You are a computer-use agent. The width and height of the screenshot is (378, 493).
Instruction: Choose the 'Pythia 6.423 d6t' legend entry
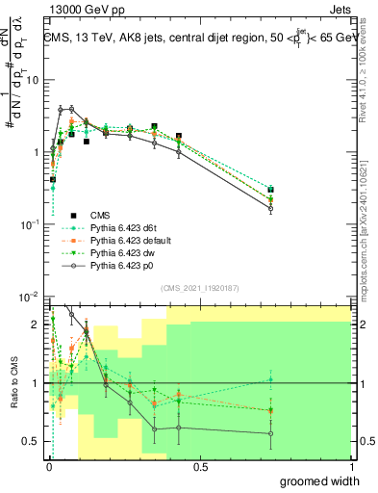125,228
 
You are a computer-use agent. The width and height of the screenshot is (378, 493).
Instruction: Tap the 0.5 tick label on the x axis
200,467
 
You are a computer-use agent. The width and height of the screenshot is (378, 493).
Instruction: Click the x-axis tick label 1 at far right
351,467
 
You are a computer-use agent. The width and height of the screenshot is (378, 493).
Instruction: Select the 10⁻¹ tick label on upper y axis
31,224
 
